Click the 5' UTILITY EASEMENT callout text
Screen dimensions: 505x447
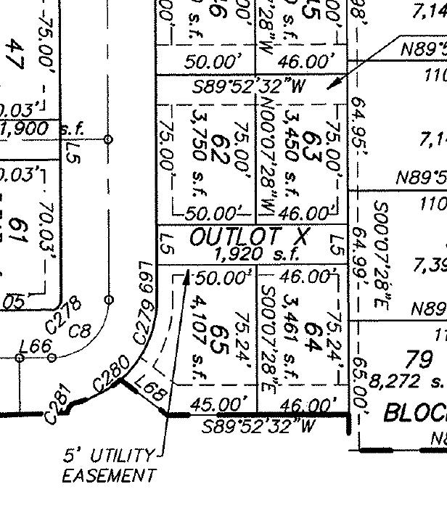(109, 466)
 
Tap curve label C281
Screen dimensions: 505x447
(58, 406)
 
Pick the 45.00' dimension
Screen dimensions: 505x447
(217, 402)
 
